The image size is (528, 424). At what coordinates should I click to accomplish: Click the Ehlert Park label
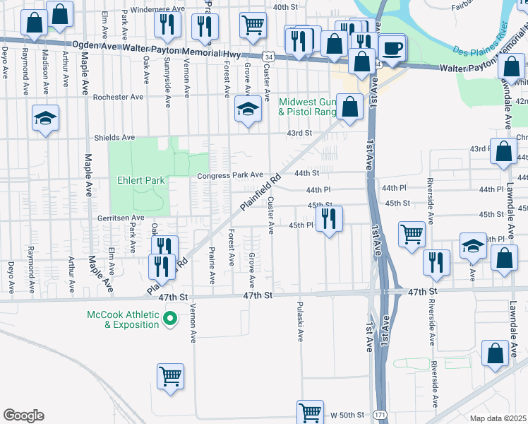[x=141, y=180]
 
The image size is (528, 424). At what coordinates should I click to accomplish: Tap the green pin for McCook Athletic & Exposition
[x=169, y=319]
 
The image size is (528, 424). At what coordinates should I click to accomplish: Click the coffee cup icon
[x=392, y=48]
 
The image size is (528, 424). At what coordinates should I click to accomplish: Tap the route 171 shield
[x=380, y=414]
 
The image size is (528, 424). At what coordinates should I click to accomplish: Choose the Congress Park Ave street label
[x=230, y=175]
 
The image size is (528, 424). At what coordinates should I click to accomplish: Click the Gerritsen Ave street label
[x=121, y=218]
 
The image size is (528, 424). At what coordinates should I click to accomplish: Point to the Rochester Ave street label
[x=118, y=97]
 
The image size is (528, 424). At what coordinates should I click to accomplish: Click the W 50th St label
[x=345, y=414]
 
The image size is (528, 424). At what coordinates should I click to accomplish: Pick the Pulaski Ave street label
[x=299, y=324]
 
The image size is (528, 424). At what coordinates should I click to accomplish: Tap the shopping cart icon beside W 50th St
[x=310, y=411]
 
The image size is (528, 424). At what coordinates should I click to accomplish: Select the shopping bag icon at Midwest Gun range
[x=349, y=107]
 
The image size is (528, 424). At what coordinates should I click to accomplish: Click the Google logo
[x=23, y=416]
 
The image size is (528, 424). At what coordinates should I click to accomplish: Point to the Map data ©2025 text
[x=498, y=418]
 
